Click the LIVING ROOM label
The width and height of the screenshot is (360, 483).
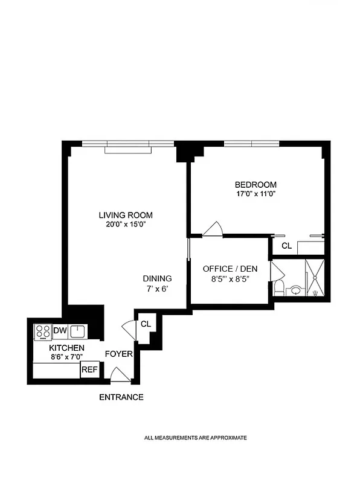126,215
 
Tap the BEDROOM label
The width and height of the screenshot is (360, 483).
256,185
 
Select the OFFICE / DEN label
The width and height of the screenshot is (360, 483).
226,269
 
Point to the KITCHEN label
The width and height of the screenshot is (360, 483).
66,348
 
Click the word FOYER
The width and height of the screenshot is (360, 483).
118,354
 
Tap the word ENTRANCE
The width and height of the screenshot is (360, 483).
121,397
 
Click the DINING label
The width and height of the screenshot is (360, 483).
158,278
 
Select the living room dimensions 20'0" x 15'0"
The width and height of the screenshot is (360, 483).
126,225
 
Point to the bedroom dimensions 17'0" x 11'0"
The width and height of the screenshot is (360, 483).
256,194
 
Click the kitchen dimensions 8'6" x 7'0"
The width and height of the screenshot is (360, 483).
66,357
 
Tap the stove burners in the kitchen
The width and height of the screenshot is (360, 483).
43,331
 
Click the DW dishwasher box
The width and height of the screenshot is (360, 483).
59,330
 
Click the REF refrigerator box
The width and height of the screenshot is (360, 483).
89,369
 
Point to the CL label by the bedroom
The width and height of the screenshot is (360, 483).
286,246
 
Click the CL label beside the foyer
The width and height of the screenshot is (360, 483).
146,324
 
